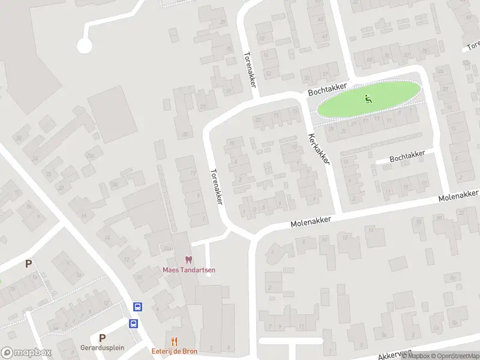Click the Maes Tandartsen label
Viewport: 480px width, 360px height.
[x=189, y=269]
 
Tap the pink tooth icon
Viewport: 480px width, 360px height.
[x=189, y=260]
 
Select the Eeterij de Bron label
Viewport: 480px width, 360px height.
[x=175, y=351]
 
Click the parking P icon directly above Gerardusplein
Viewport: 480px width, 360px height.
[x=102, y=338]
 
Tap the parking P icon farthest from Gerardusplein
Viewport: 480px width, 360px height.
[x=28, y=263]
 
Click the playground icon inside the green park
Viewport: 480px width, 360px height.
[x=368, y=99]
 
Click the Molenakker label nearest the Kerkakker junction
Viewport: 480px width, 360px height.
[x=311, y=221]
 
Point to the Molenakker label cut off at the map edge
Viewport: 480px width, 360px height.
[x=460, y=196]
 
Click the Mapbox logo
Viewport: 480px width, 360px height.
[x=26, y=353]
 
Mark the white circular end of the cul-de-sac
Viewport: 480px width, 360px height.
[x=84, y=45]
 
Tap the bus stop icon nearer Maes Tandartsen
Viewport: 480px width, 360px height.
[x=137, y=307]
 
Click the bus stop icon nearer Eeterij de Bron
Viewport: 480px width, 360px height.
[x=133, y=323]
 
